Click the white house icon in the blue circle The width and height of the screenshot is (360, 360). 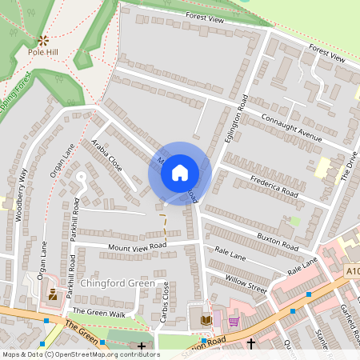click(180, 172)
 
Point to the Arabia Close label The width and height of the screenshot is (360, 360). click(106, 157)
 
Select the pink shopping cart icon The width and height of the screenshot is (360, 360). click(234, 321)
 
